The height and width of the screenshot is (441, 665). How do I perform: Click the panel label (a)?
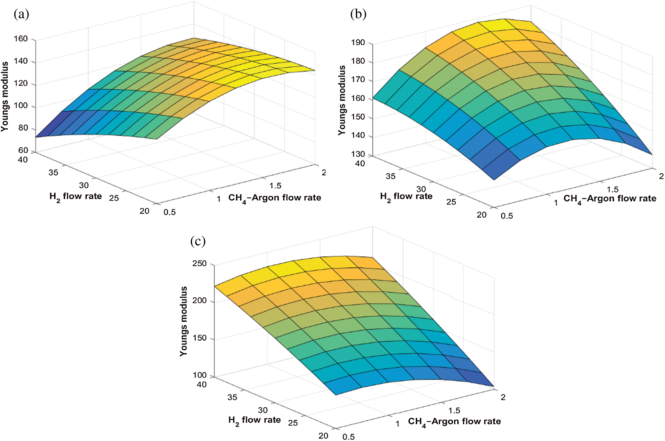point(21,14)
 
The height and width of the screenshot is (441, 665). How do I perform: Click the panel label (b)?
point(358,14)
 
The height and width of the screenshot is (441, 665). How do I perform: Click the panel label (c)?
point(198,241)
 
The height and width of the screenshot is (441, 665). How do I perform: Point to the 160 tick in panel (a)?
point(21,39)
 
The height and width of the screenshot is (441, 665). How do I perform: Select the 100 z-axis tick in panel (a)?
point(21,106)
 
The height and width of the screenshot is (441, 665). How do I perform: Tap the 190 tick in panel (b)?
point(358,43)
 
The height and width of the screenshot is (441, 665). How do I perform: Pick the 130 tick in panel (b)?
point(358,154)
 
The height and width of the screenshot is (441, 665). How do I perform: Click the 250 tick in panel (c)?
point(200,264)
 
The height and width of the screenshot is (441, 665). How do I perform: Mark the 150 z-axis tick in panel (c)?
point(200,338)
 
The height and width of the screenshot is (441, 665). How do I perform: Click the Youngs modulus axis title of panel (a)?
point(5,96)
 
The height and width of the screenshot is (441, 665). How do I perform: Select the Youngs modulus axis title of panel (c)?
point(184,321)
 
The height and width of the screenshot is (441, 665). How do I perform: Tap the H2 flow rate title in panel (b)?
point(406,197)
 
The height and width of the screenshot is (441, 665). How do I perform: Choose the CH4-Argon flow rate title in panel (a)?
point(274,198)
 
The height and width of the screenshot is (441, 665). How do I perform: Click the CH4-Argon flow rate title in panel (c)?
point(454,422)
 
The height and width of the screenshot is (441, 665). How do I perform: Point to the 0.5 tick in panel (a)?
point(169,212)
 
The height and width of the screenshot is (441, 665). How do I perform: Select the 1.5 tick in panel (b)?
point(612,190)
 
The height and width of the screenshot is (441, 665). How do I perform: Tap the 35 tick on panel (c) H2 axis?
point(232,397)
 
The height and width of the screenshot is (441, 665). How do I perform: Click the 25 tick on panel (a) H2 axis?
point(114,198)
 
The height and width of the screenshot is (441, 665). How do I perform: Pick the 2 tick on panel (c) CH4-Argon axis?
point(503,397)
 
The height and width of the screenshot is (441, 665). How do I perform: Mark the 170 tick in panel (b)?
point(358,80)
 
